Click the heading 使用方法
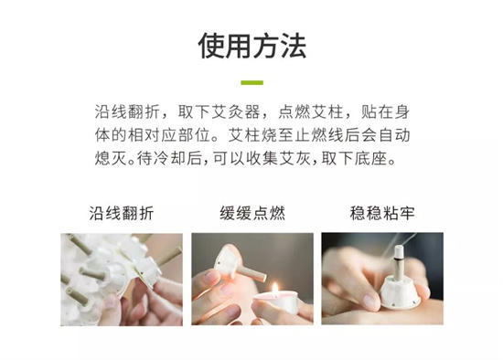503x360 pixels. (251, 46)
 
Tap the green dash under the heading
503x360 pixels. (251, 83)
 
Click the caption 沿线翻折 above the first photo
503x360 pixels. (122, 213)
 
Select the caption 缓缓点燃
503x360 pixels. (252, 213)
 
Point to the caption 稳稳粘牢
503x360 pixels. (382, 213)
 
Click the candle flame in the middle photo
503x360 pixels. (275, 289)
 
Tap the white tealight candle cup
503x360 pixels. (276, 302)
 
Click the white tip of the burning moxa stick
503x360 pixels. (398, 249)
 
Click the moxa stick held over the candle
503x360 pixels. (251, 273)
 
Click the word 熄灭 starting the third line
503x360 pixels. (111, 158)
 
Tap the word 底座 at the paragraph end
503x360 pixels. (370, 158)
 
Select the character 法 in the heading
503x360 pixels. (294, 46)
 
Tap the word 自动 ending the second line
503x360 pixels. (394, 135)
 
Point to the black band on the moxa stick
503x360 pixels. (398, 257)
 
